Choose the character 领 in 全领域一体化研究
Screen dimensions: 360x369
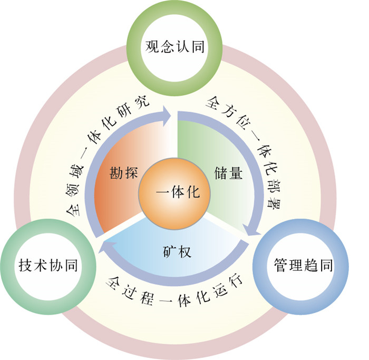click(75, 186)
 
